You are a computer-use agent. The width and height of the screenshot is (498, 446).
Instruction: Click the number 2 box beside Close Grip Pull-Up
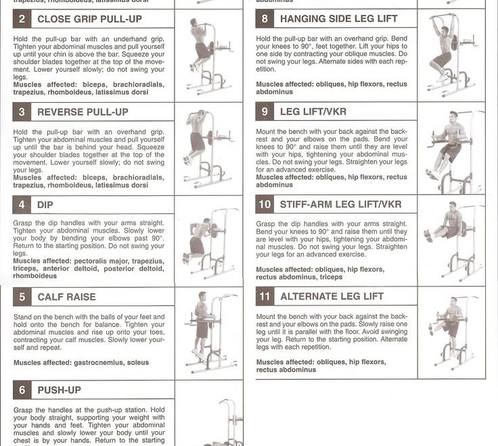pyautogui.click(x=22, y=19)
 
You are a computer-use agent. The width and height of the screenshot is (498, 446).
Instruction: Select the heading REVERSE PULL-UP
pyautogui.click(x=83, y=112)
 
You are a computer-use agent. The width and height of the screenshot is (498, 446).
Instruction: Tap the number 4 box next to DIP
pyautogui.click(x=22, y=205)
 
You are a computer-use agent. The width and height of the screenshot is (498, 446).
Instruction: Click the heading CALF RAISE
pyautogui.click(x=66, y=297)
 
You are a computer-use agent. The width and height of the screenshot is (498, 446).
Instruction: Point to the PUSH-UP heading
pyautogui.click(x=59, y=390)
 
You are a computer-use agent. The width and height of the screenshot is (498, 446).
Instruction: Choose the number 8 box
pyautogui.click(x=265, y=19)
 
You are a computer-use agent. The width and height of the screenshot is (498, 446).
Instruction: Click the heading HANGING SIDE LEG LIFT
pyautogui.click(x=338, y=19)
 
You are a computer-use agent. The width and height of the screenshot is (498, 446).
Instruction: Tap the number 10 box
pyautogui.click(x=265, y=204)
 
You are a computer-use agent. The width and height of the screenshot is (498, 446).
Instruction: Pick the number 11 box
pyautogui.click(x=265, y=297)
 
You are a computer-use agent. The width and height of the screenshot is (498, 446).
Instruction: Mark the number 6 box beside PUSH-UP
pyautogui.click(x=22, y=390)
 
